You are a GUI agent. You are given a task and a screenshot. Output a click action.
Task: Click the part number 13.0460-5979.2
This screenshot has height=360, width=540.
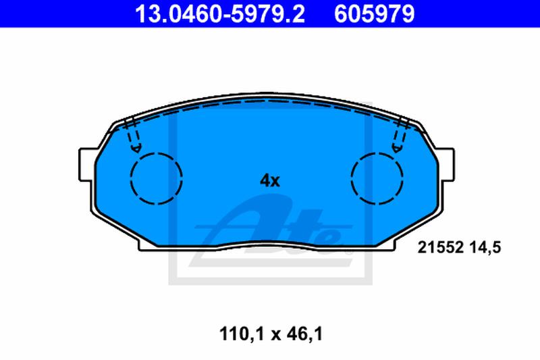tap(220, 14)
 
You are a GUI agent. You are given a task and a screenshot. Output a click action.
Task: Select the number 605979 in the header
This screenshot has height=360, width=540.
tap(375, 14)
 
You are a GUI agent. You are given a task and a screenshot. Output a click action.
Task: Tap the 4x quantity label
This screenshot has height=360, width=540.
tap(269, 180)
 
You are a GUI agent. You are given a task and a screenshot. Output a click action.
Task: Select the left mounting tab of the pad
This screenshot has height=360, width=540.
tap(86, 164)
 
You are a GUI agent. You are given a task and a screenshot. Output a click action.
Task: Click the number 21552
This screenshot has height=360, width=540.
tap(440, 247)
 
